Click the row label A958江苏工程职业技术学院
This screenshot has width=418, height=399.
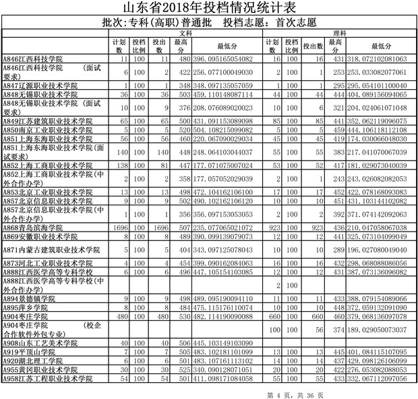(42, 379)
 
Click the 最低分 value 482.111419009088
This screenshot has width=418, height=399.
(227, 316)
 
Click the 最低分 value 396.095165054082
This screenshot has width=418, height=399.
(227, 59)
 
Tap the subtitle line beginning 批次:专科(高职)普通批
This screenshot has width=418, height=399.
(209, 22)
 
